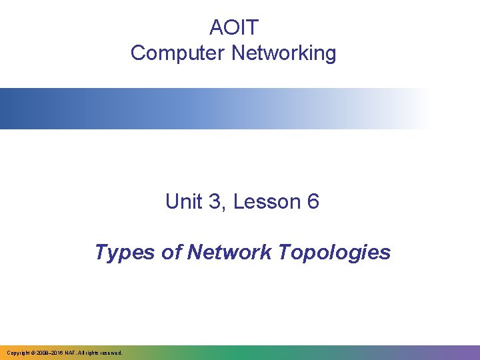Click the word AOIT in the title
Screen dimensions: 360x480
(x=233, y=28)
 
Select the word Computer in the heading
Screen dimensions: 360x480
(x=178, y=53)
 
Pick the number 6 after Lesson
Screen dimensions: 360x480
(x=313, y=201)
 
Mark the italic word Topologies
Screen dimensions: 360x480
(x=334, y=253)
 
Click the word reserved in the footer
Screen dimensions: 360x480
(x=111, y=352)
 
